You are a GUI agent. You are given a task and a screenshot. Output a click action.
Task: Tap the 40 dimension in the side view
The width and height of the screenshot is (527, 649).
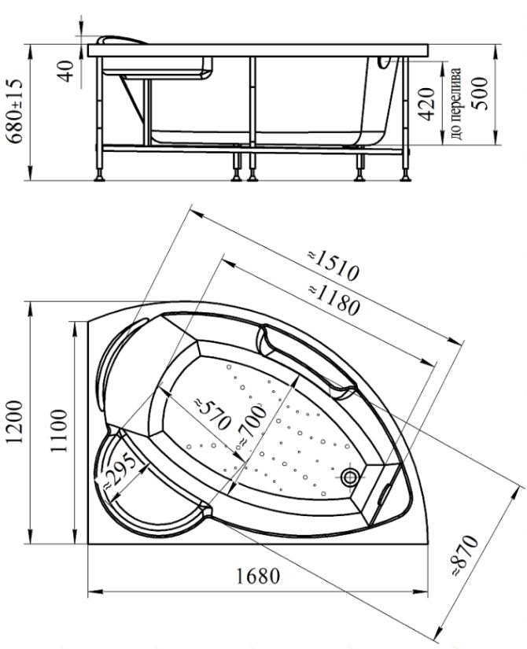tap(65, 70)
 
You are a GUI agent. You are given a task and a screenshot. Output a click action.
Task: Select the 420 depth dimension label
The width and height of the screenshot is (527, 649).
tap(427, 104)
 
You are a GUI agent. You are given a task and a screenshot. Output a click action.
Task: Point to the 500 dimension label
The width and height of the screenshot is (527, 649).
tap(481, 94)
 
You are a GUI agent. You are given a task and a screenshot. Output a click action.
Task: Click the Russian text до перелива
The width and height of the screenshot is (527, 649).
tap(455, 102)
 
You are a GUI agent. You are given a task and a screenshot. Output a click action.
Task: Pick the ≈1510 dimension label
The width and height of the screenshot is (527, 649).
tap(333, 265)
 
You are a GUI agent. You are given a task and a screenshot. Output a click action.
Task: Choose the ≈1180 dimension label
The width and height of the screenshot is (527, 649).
tap(334, 299)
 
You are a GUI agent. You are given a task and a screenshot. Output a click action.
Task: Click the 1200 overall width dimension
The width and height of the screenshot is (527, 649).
tap(15, 422)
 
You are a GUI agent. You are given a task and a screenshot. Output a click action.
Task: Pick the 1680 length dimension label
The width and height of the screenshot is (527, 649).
tap(258, 576)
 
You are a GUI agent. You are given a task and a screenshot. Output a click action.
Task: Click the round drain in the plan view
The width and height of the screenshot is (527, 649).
tap(350, 478)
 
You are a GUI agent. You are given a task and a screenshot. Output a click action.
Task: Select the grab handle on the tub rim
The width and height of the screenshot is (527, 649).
tap(305, 360)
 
